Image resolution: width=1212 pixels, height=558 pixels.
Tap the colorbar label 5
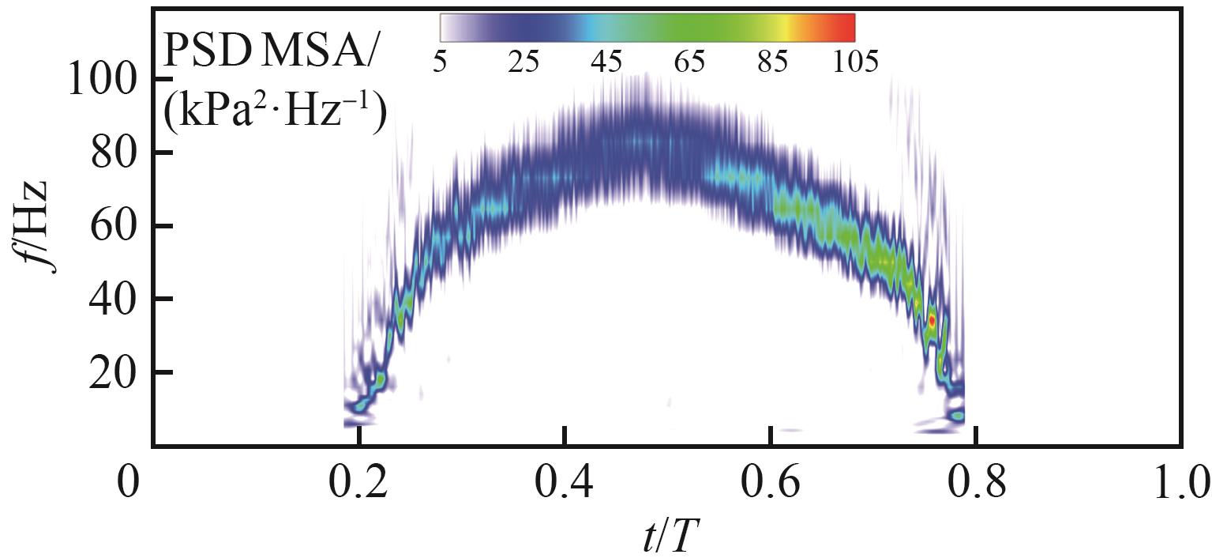(440, 62)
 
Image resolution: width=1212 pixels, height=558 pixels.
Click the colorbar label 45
(606, 62)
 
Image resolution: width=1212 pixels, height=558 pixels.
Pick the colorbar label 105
(852, 62)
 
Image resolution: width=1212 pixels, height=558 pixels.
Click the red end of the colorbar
(848, 28)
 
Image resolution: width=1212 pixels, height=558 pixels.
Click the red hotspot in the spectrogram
(932, 320)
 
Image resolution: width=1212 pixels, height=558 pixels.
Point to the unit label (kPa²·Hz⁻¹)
(274, 115)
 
